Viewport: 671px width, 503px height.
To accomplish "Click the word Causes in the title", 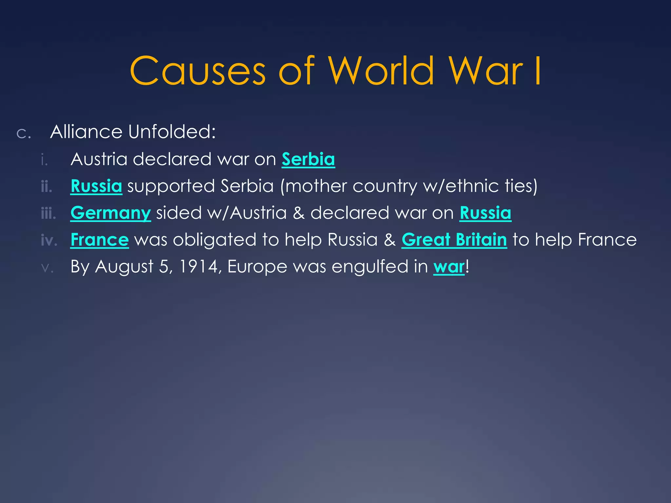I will click(x=198, y=71).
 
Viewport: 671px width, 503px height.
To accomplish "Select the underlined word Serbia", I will click(x=308, y=159).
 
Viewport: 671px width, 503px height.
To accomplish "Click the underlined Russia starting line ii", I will click(x=96, y=186).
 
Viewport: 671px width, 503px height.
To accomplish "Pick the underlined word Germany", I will click(x=110, y=213).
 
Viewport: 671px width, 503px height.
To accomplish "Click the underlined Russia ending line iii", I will click(x=485, y=213).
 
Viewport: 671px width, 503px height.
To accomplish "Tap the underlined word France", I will click(x=100, y=240).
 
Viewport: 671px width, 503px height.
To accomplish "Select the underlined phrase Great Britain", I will click(x=454, y=240).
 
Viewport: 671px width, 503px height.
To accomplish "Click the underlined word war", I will click(x=449, y=267).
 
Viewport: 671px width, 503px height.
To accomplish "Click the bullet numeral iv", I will click(x=49, y=241).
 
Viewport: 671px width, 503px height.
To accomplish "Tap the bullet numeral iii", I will click(x=48, y=214).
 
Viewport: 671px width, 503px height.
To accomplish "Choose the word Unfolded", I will click(x=172, y=132).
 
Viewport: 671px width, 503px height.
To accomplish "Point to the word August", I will click(x=124, y=267).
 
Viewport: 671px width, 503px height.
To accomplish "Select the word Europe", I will click(x=257, y=267).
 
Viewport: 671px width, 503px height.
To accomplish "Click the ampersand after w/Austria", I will click(x=298, y=213).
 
